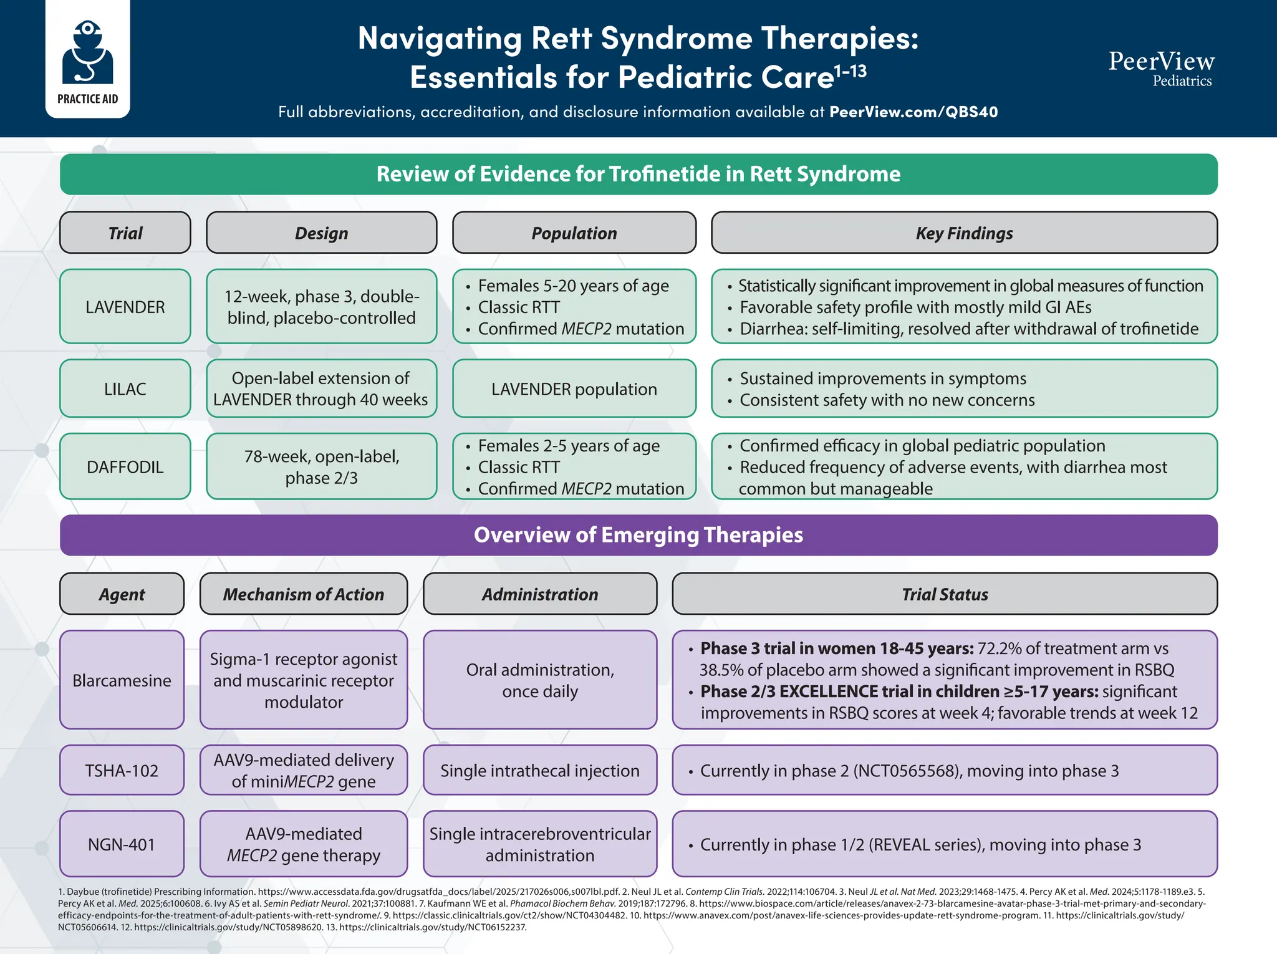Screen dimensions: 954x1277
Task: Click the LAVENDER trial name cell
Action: pyautogui.click(x=125, y=306)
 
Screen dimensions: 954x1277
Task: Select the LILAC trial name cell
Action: pyautogui.click(x=125, y=388)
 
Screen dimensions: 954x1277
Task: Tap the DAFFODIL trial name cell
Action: pyautogui.click(x=125, y=466)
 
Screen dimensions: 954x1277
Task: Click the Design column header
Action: pyautogui.click(x=321, y=233)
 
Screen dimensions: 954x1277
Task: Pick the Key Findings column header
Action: pyautogui.click(x=964, y=233)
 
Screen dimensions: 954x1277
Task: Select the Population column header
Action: pyautogui.click(x=574, y=233)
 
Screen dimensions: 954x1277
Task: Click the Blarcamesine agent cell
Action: pyautogui.click(x=122, y=680)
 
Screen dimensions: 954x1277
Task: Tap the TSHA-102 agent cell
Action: pyautogui.click(x=122, y=770)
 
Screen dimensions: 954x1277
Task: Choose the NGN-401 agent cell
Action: pyautogui.click(x=122, y=844)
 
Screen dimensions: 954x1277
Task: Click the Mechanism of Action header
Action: pyautogui.click(x=304, y=594)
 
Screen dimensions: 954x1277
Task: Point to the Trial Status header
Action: pyautogui.click(x=945, y=594)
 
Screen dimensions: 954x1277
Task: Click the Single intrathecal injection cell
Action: pyautogui.click(x=540, y=770)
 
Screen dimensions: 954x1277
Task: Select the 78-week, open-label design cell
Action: pyautogui.click(x=321, y=466)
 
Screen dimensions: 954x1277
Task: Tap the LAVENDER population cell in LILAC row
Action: pyautogui.click(x=574, y=388)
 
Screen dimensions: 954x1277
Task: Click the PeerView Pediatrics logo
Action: pyautogui.click(x=1161, y=67)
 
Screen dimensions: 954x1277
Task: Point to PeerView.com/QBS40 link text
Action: pyautogui.click(x=913, y=112)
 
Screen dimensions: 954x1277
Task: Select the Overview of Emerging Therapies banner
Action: pyautogui.click(x=638, y=534)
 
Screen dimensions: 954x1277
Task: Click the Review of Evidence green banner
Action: pyautogui.click(x=638, y=174)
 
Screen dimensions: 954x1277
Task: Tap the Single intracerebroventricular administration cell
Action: pyautogui.click(x=540, y=844)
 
